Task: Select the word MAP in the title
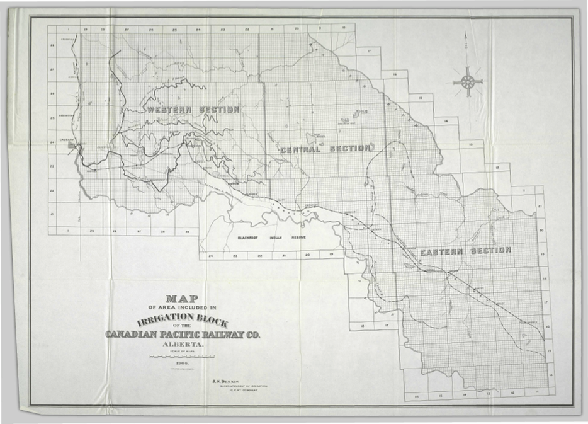tap(182, 298)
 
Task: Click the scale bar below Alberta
tap(182, 357)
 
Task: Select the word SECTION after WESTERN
tap(219, 110)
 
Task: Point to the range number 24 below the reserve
tap(211, 256)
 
